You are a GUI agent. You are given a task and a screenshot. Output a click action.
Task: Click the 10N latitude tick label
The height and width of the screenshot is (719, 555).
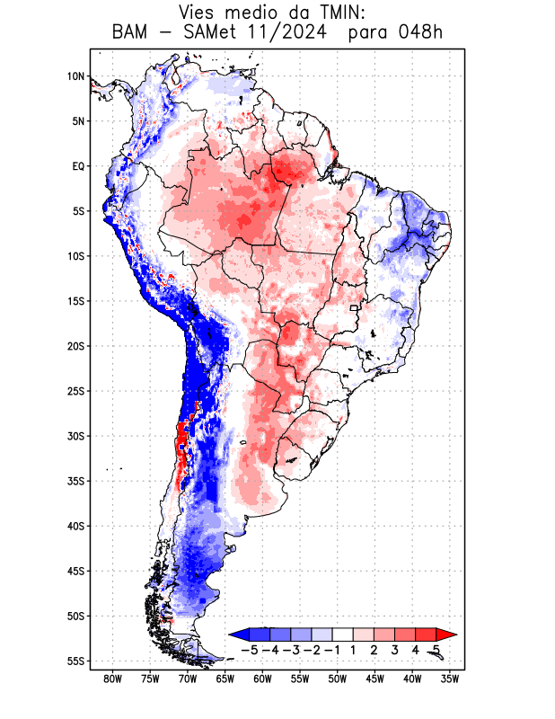click(x=75, y=76)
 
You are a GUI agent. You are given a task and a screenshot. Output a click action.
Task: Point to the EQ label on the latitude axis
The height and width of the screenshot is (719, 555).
click(x=78, y=166)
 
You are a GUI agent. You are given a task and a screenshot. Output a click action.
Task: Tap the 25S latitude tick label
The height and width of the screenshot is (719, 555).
click(x=75, y=391)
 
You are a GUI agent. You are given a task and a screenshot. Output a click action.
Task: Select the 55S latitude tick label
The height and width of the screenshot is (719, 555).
click(x=75, y=661)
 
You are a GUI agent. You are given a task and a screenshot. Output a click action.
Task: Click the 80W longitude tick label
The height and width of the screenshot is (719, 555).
click(x=112, y=679)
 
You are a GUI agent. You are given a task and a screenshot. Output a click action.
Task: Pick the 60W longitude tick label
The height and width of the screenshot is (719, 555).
click(x=262, y=679)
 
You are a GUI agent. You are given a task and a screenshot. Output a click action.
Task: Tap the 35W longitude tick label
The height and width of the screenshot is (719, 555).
click(x=450, y=679)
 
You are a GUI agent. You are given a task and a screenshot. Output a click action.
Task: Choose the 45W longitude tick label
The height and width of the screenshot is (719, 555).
click(x=374, y=679)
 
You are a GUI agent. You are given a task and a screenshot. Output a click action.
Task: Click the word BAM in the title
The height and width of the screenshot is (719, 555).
click(x=132, y=33)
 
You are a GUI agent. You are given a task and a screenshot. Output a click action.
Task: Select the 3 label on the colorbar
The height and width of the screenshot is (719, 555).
click(x=395, y=650)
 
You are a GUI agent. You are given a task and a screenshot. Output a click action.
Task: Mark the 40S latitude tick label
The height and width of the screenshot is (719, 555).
click(x=75, y=526)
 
